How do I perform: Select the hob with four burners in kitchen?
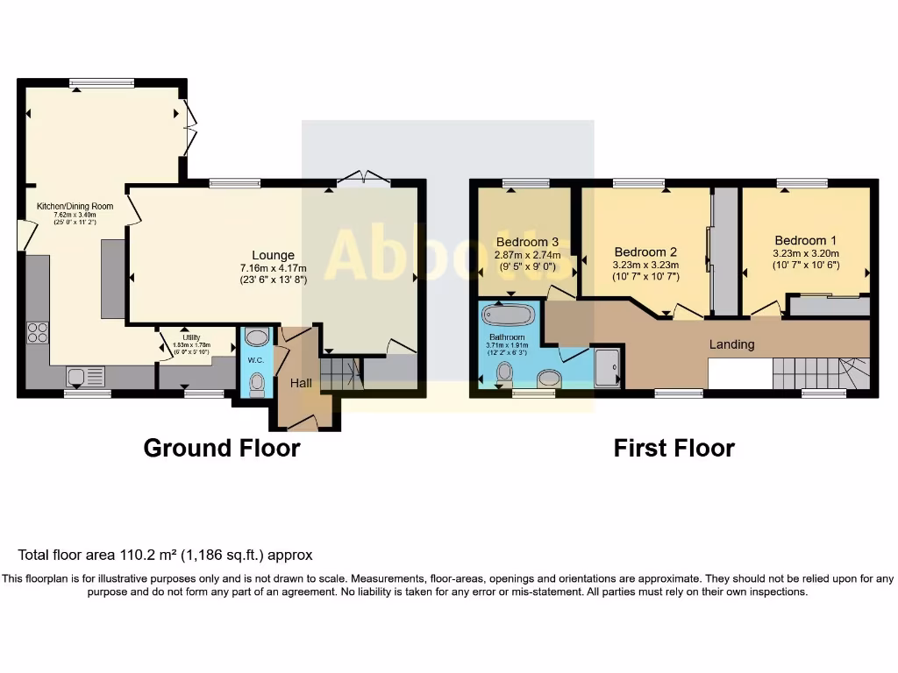39,331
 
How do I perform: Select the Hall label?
301,383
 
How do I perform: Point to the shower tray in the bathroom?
607,366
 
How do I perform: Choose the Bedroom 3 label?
527,242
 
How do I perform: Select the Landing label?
731,344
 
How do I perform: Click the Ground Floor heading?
221,449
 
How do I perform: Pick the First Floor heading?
673,449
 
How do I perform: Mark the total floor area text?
165,555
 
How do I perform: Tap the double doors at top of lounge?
364,179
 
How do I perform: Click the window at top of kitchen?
103,83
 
